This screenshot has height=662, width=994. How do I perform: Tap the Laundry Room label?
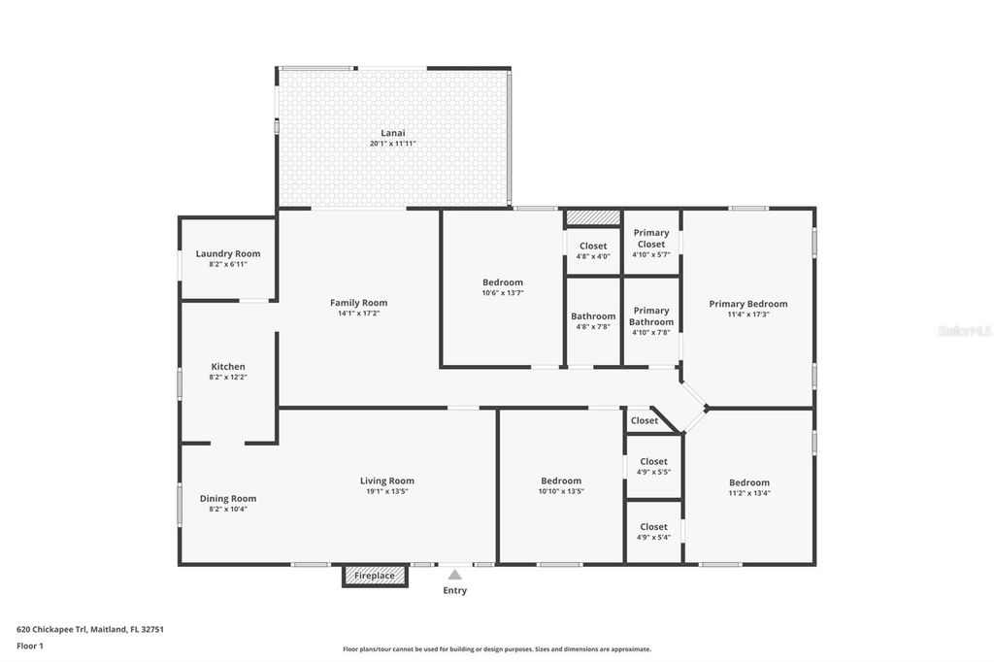tap(228, 254)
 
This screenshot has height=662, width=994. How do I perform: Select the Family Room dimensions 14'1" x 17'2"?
tap(358, 314)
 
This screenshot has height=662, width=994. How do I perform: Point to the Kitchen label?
tap(228, 367)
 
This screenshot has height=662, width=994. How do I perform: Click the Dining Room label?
tap(228, 499)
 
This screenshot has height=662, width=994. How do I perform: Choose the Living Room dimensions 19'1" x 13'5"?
tap(387, 491)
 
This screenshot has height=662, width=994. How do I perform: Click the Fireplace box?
tap(375, 576)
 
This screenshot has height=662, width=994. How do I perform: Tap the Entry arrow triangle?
tap(454, 575)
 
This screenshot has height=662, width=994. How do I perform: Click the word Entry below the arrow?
tap(454, 590)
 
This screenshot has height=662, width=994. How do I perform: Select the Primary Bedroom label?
tap(747, 304)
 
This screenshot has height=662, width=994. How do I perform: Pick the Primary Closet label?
tap(651, 239)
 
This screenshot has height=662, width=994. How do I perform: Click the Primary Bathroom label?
tap(651, 316)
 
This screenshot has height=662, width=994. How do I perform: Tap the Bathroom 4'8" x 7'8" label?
tap(593, 316)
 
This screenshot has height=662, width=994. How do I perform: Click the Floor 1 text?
tap(31, 645)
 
